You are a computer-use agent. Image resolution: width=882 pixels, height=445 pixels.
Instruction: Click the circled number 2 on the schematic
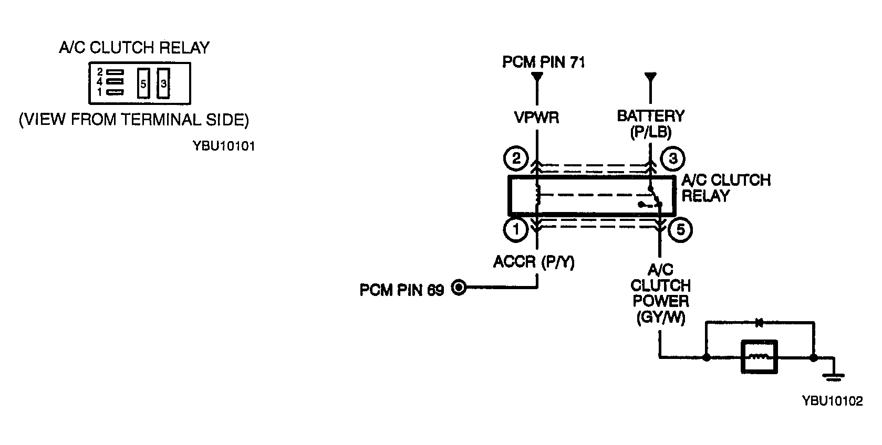516,158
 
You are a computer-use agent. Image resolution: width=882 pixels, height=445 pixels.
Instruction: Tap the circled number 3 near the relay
673,158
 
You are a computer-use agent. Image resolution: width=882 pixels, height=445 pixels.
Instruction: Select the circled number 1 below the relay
516,229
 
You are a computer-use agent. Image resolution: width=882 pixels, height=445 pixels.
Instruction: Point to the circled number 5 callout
680,230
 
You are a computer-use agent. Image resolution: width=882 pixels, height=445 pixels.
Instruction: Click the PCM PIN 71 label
544,62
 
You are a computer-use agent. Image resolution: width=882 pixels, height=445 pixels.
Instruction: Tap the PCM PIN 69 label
402,290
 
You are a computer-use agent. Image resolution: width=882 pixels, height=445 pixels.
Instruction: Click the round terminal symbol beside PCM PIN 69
459,288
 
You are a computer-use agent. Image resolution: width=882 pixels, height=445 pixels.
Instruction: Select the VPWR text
537,117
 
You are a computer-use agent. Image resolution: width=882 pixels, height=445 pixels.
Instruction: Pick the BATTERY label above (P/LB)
651,116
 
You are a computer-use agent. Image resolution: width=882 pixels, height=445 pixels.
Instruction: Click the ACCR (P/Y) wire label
534,262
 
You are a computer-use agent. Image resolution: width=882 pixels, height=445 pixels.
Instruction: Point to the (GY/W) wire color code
661,317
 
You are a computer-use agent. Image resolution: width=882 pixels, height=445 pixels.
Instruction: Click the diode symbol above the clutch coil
759,323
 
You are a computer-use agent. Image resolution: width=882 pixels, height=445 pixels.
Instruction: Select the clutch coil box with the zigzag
759,357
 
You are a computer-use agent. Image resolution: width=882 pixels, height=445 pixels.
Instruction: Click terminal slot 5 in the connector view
143,83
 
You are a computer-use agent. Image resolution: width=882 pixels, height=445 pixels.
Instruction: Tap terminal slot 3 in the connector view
163,83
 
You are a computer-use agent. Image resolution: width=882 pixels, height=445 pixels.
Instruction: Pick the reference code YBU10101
224,146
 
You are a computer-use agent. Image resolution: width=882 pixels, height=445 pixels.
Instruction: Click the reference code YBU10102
833,401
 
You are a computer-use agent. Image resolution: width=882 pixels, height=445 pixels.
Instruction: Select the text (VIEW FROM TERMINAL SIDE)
134,120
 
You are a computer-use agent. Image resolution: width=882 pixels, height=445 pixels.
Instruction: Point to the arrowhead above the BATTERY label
650,77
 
